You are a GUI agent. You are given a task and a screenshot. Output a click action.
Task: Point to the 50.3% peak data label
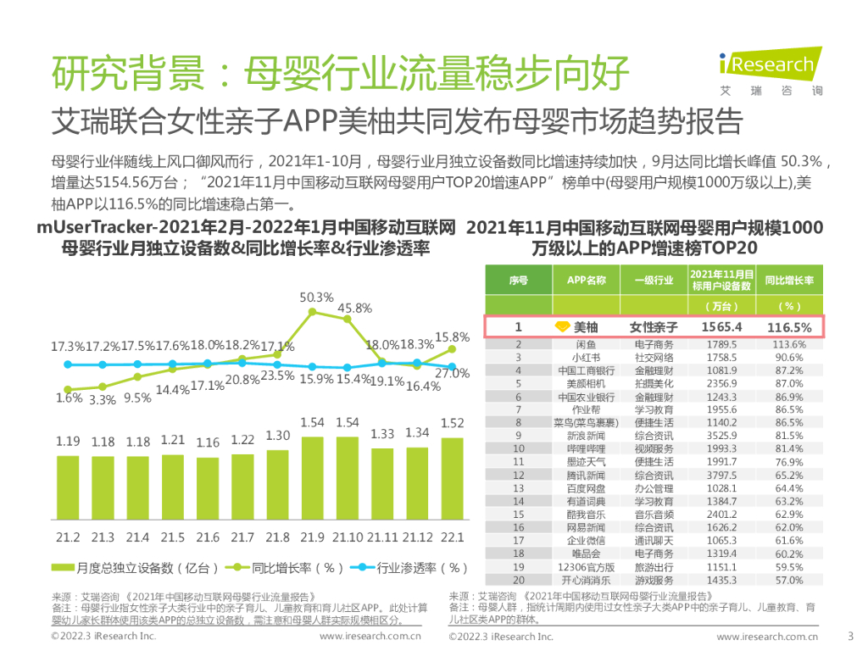coord(317,298)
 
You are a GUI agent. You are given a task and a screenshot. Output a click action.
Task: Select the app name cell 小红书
coord(586,358)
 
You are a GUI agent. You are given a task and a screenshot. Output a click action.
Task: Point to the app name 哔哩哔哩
coord(586,449)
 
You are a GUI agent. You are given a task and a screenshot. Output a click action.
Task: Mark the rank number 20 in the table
coord(519,581)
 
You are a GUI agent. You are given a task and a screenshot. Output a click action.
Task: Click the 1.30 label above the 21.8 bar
coord(278,435)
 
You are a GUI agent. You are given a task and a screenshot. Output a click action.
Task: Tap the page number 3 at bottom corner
coord(850,636)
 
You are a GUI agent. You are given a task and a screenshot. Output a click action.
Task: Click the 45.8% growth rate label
coord(354,309)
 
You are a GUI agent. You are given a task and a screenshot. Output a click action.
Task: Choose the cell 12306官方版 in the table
coord(586,567)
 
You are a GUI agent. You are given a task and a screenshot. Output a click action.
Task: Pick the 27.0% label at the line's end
coord(452,374)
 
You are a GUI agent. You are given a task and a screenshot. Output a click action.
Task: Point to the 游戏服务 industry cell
coord(653,581)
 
